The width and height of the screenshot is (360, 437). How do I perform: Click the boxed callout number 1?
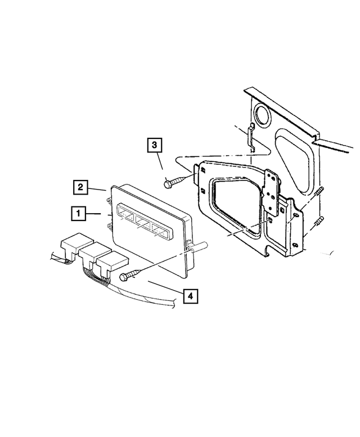(78, 214)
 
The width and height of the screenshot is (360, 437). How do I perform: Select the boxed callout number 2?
(82, 186)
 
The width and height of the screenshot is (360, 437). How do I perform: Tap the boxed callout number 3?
(156, 145)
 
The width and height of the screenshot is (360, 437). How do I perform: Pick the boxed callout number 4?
(190, 295)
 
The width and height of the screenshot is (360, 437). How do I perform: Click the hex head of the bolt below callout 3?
(168, 183)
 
